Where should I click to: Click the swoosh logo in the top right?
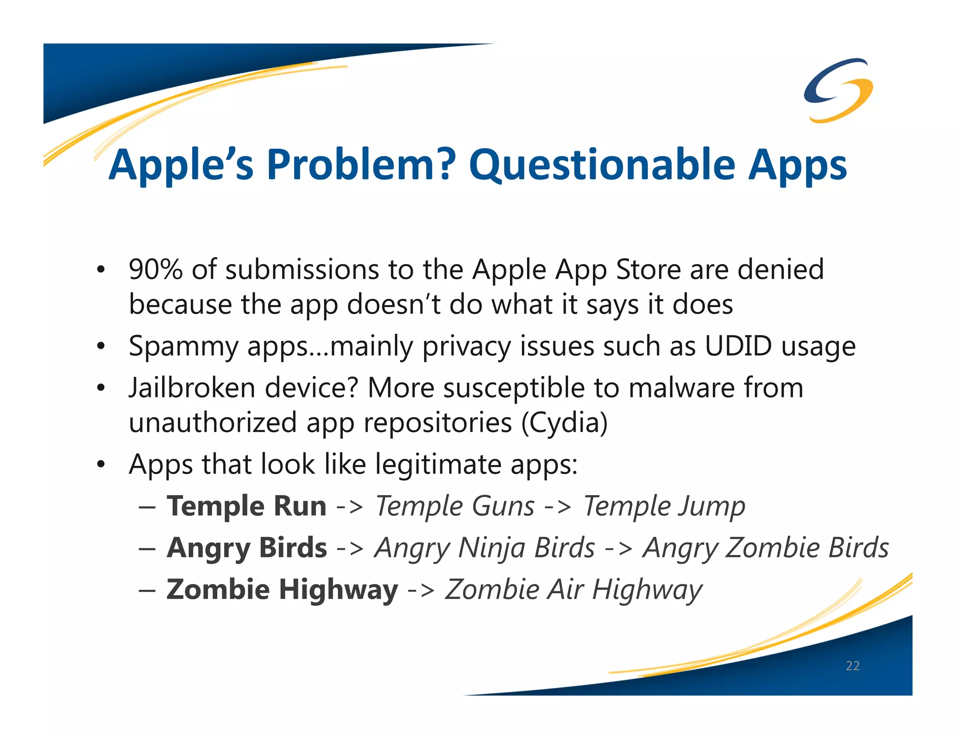point(838,90)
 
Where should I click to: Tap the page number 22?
point(852,666)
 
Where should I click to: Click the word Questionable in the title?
point(602,164)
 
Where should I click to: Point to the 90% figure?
point(155,270)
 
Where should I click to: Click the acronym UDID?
point(738,346)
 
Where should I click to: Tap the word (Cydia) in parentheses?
point(564,423)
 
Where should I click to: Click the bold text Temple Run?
point(246,506)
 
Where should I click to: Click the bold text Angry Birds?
point(247,548)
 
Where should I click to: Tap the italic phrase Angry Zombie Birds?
point(766,548)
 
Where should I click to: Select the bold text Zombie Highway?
point(282,590)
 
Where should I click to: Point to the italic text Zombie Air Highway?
point(573,590)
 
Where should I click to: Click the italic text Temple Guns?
point(455,506)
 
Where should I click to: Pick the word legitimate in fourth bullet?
point(438,464)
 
